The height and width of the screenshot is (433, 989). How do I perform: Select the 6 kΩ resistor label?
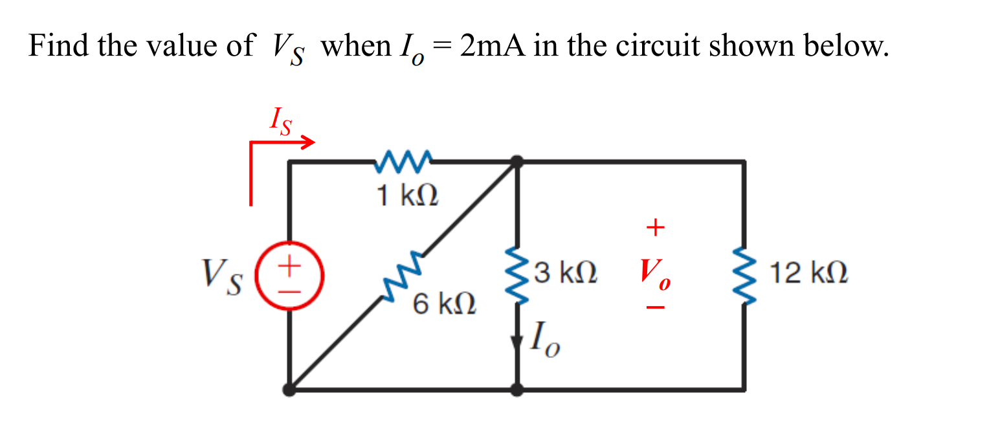445,303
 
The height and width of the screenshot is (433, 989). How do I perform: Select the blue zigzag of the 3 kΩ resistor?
517,276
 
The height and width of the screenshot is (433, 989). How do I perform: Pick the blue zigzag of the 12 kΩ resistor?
743,276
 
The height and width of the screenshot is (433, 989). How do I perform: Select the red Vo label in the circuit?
655,274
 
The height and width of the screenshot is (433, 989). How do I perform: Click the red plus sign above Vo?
655,227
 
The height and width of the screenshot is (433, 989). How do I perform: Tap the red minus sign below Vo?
655,309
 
